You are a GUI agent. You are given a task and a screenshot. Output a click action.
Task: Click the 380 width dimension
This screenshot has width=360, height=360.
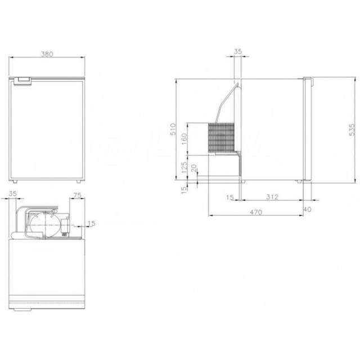[47, 54]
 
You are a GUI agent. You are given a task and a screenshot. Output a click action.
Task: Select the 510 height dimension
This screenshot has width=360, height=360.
[173, 129]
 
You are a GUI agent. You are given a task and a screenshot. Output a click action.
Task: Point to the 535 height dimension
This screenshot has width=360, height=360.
[352, 130]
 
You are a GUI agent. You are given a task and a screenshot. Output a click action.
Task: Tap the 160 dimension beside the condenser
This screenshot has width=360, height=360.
[184, 139]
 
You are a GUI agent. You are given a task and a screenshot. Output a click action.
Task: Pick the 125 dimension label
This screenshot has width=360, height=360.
[184, 168]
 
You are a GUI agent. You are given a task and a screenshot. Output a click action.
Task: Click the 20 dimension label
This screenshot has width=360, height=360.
[194, 168]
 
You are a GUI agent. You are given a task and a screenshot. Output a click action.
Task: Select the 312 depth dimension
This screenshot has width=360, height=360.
[272, 197]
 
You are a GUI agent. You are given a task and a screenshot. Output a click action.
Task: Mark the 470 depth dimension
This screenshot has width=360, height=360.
[256, 212]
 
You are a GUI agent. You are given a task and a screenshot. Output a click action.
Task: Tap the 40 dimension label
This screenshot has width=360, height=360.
[308, 209]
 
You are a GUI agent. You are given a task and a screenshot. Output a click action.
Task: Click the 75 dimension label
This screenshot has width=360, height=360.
[77, 195]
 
